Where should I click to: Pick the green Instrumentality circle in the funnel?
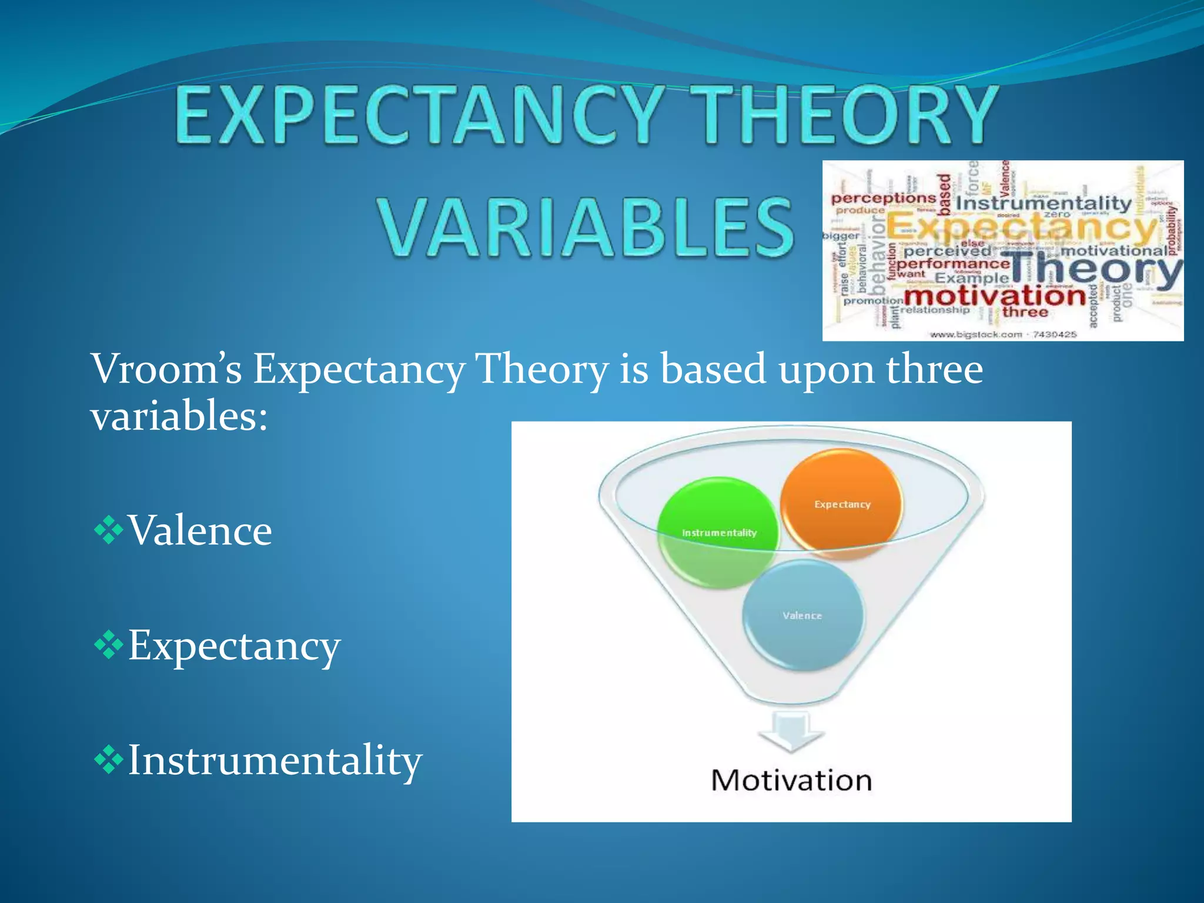pyautogui.click(x=718, y=532)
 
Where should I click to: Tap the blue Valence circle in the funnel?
pyautogui.click(x=802, y=615)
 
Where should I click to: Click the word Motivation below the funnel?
pyautogui.click(x=791, y=781)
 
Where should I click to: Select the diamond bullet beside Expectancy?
pyautogui.click(x=108, y=645)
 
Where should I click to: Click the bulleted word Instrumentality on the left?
pyautogui.click(x=275, y=760)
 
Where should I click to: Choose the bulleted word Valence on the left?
pyautogui.click(x=200, y=530)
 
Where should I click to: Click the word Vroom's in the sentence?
pyautogui.click(x=166, y=369)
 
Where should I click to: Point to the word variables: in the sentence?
pyautogui.click(x=179, y=416)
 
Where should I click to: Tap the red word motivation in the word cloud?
pyautogui.click(x=994, y=295)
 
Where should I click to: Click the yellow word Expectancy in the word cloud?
pyautogui.click(x=1020, y=228)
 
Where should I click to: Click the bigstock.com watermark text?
pyautogui.click(x=1003, y=335)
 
